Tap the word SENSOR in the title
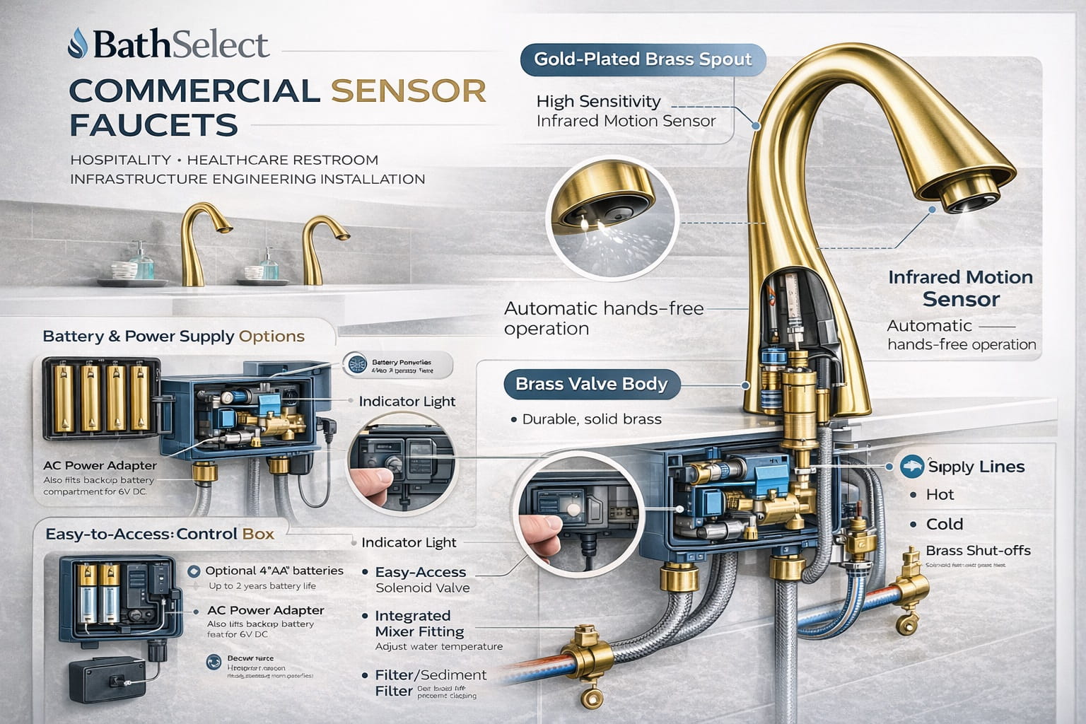[x=409, y=90]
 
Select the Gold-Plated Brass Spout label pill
[x=643, y=59]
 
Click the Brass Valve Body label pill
[x=591, y=385]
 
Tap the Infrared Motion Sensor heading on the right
[x=960, y=288]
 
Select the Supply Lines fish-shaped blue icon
[x=913, y=465]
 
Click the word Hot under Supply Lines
[x=940, y=495]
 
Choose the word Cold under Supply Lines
[x=945, y=524]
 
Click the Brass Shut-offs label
[x=978, y=550]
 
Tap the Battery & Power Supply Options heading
[x=174, y=337]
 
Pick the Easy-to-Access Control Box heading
[x=160, y=534]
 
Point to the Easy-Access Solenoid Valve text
[x=421, y=580]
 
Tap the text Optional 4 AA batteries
[x=274, y=571]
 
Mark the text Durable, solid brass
[x=591, y=419]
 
